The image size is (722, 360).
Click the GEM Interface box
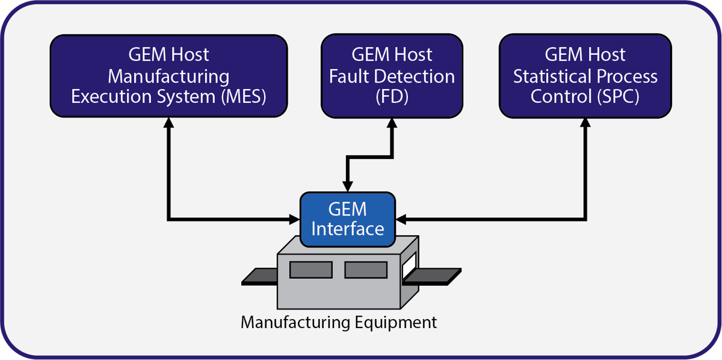[x=347, y=219]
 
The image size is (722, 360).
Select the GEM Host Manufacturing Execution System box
[x=168, y=75]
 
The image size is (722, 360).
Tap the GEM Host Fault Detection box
[x=392, y=75]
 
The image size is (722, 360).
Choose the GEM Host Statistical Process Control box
[x=585, y=75]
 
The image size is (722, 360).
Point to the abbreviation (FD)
[x=392, y=97]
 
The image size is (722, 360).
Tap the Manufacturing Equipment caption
[x=339, y=322]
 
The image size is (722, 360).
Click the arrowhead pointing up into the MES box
[x=169, y=122]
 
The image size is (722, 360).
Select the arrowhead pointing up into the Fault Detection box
[x=392, y=122]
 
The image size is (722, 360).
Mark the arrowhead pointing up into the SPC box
[x=585, y=122]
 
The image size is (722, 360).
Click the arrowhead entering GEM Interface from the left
[x=295, y=218]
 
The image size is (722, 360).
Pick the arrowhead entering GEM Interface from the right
[x=401, y=218]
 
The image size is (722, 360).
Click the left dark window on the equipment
[x=310, y=269]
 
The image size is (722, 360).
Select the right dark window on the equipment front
[x=365, y=269]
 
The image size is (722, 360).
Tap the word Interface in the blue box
[x=348, y=229]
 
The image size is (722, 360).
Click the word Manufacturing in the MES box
[x=168, y=76]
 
